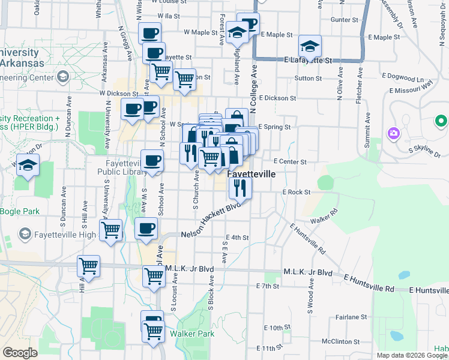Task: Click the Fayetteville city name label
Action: pyautogui.click(x=251, y=173)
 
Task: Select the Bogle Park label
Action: pyautogui.click(x=19, y=211)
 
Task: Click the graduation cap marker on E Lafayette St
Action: pyautogui.click(x=310, y=46)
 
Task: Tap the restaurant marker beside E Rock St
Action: pyautogui.click(x=240, y=188)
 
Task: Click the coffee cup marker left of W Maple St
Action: pyautogui.click(x=149, y=33)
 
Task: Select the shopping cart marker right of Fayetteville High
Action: pyautogui.click(x=111, y=230)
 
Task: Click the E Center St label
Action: pyautogui.click(x=290, y=161)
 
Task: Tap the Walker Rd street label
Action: pyautogui.click(x=325, y=215)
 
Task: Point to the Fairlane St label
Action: pyautogui.click(x=351, y=316)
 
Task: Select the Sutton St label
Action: pyautogui.click(x=309, y=78)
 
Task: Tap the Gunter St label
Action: pyautogui.click(x=344, y=20)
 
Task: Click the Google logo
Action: pyautogui.click(x=20, y=353)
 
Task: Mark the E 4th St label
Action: pyautogui.click(x=237, y=238)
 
